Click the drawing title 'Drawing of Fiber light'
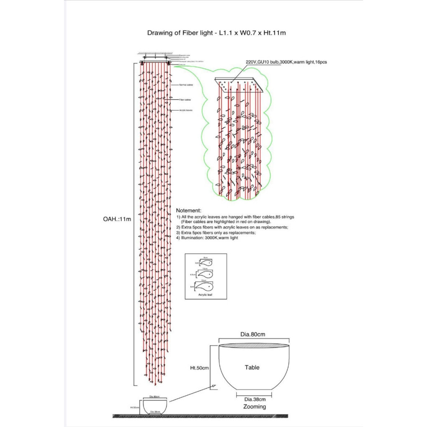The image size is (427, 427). [x=180, y=33]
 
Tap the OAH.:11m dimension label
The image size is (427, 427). [x=117, y=219]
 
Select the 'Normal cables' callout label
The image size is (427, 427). [x=186, y=85]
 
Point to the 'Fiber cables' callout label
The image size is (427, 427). [x=185, y=100]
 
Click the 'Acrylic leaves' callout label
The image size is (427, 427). [x=186, y=111]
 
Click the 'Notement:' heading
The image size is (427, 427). [x=189, y=211]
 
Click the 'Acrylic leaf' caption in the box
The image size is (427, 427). [x=205, y=295]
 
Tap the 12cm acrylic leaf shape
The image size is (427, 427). [x=204, y=286]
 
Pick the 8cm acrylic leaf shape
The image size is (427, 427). [x=206, y=263]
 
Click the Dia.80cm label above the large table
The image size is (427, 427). [x=253, y=334]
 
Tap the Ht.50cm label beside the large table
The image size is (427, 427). [x=199, y=368]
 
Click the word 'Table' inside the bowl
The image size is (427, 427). [x=252, y=368]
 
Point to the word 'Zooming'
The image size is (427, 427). [x=254, y=407]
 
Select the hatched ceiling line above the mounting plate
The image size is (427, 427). [x=155, y=53]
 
